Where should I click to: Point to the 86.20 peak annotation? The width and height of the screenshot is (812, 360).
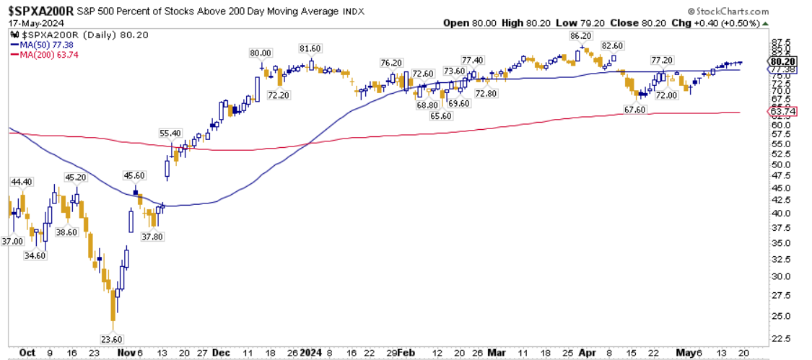pos(581,35)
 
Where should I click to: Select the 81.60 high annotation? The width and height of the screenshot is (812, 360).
pos(310,48)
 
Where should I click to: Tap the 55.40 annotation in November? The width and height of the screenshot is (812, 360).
pos(171,133)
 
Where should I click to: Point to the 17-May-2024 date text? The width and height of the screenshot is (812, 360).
pos(34,23)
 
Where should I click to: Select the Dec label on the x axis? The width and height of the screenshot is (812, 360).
pos(222,353)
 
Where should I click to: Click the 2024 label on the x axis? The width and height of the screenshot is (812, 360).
pos(311,353)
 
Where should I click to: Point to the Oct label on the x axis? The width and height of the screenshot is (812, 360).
pos(27,353)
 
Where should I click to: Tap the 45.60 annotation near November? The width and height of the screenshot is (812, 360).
pos(135,175)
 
